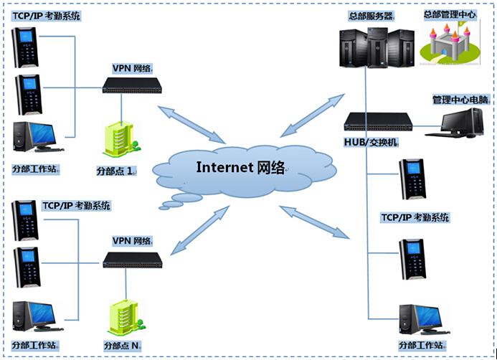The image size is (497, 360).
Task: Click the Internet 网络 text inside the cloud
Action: (x=240, y=168)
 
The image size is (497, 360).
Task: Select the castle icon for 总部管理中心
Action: (x=450, y=42)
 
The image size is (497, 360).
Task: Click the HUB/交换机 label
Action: (x=371, y=142)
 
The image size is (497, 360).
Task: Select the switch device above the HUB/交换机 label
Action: (x=379, y=122)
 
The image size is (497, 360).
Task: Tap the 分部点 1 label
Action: (x=116, y=172)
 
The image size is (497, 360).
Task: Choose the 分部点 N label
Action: (x=120, y=346)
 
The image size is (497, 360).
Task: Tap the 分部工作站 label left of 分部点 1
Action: (x=36, y=170)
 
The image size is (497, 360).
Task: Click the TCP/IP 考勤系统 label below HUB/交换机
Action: (x=415, y=217)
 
